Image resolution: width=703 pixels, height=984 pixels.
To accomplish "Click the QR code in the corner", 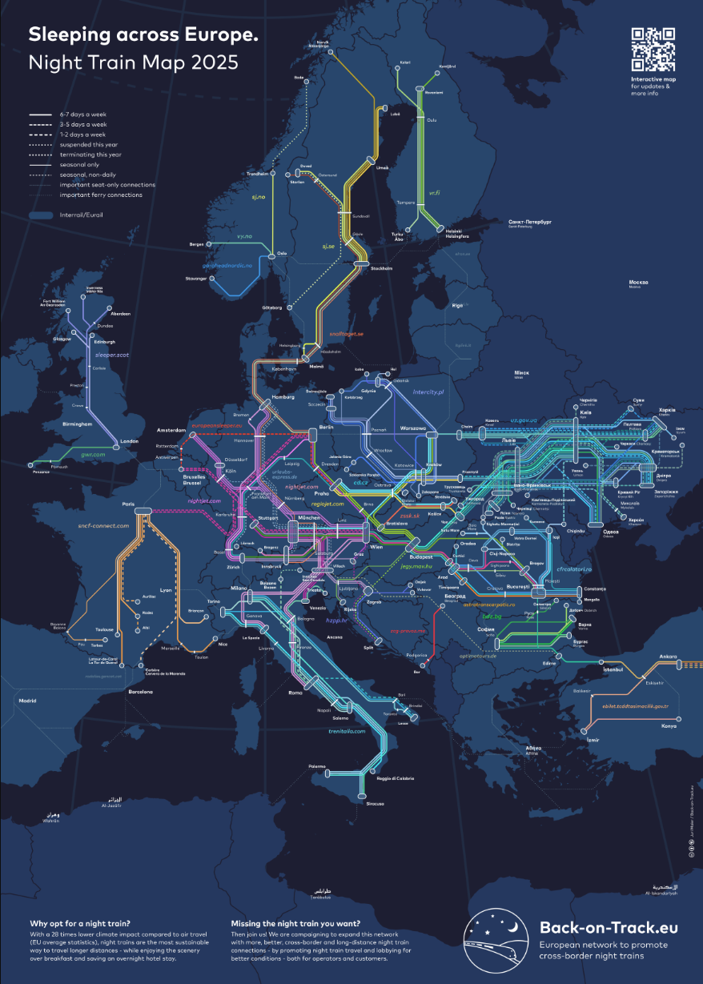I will coord(653,50).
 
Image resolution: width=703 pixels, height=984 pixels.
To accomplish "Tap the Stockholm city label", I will coord(382,268).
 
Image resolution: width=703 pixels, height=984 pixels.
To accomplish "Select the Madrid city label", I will coord(27,701).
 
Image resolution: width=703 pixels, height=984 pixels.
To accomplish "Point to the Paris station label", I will coord(128,504).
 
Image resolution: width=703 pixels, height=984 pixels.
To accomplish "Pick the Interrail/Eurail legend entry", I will coord(81,215).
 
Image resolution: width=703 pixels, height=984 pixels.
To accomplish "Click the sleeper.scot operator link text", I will coord(111,353).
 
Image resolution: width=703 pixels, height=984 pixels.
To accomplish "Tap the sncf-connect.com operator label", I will coord(103,525).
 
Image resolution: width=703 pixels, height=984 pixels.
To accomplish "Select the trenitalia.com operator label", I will coord(346,731).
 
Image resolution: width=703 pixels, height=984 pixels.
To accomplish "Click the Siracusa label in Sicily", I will coord(376,803).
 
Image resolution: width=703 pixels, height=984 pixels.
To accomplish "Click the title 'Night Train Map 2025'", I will coord(134,62).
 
